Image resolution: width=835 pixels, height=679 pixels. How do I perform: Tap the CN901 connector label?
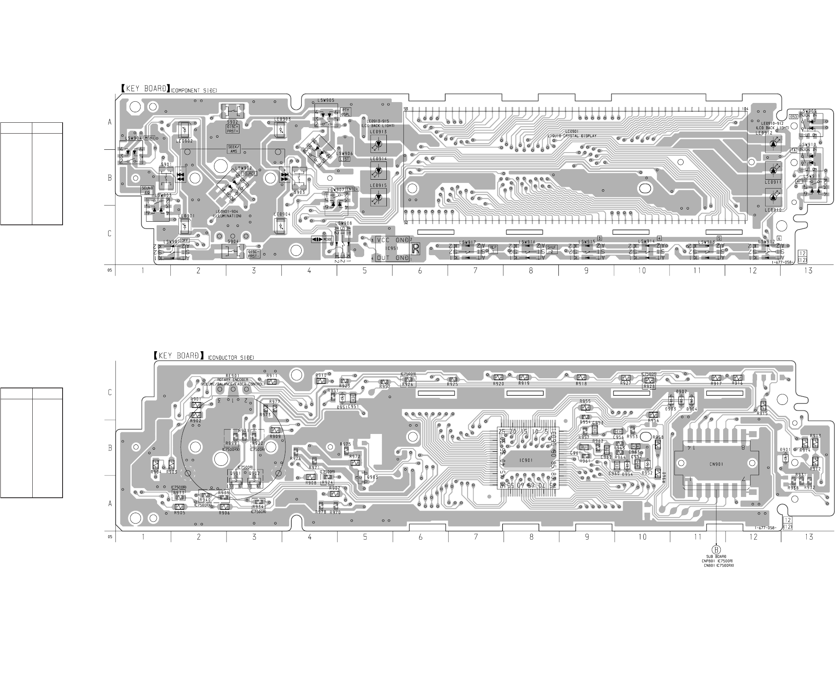[x=716, y=464]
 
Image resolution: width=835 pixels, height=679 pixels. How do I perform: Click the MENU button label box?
[x=150, y=138]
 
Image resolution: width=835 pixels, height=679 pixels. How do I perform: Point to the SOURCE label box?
[x=249, y=174]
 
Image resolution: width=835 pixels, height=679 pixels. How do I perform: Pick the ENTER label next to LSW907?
[x=352, y=189]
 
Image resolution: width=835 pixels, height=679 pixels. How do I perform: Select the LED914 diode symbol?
[x=378, y=171]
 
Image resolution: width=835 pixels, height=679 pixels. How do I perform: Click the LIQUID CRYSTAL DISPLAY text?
[x=572, y=136]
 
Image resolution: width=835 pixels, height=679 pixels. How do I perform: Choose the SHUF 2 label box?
[x=552, y=249]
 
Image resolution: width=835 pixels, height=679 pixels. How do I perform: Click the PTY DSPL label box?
[x=346, y=112]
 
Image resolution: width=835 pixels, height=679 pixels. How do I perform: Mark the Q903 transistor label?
[x=373, y=477]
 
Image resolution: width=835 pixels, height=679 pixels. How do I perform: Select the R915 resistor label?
[x=762, y=413]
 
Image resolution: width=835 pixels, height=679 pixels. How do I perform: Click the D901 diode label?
[x=785, y=450]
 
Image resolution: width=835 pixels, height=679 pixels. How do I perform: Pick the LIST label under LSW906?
[x=345, y=159]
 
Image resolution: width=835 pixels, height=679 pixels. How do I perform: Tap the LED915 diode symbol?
[x=378, y=197]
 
